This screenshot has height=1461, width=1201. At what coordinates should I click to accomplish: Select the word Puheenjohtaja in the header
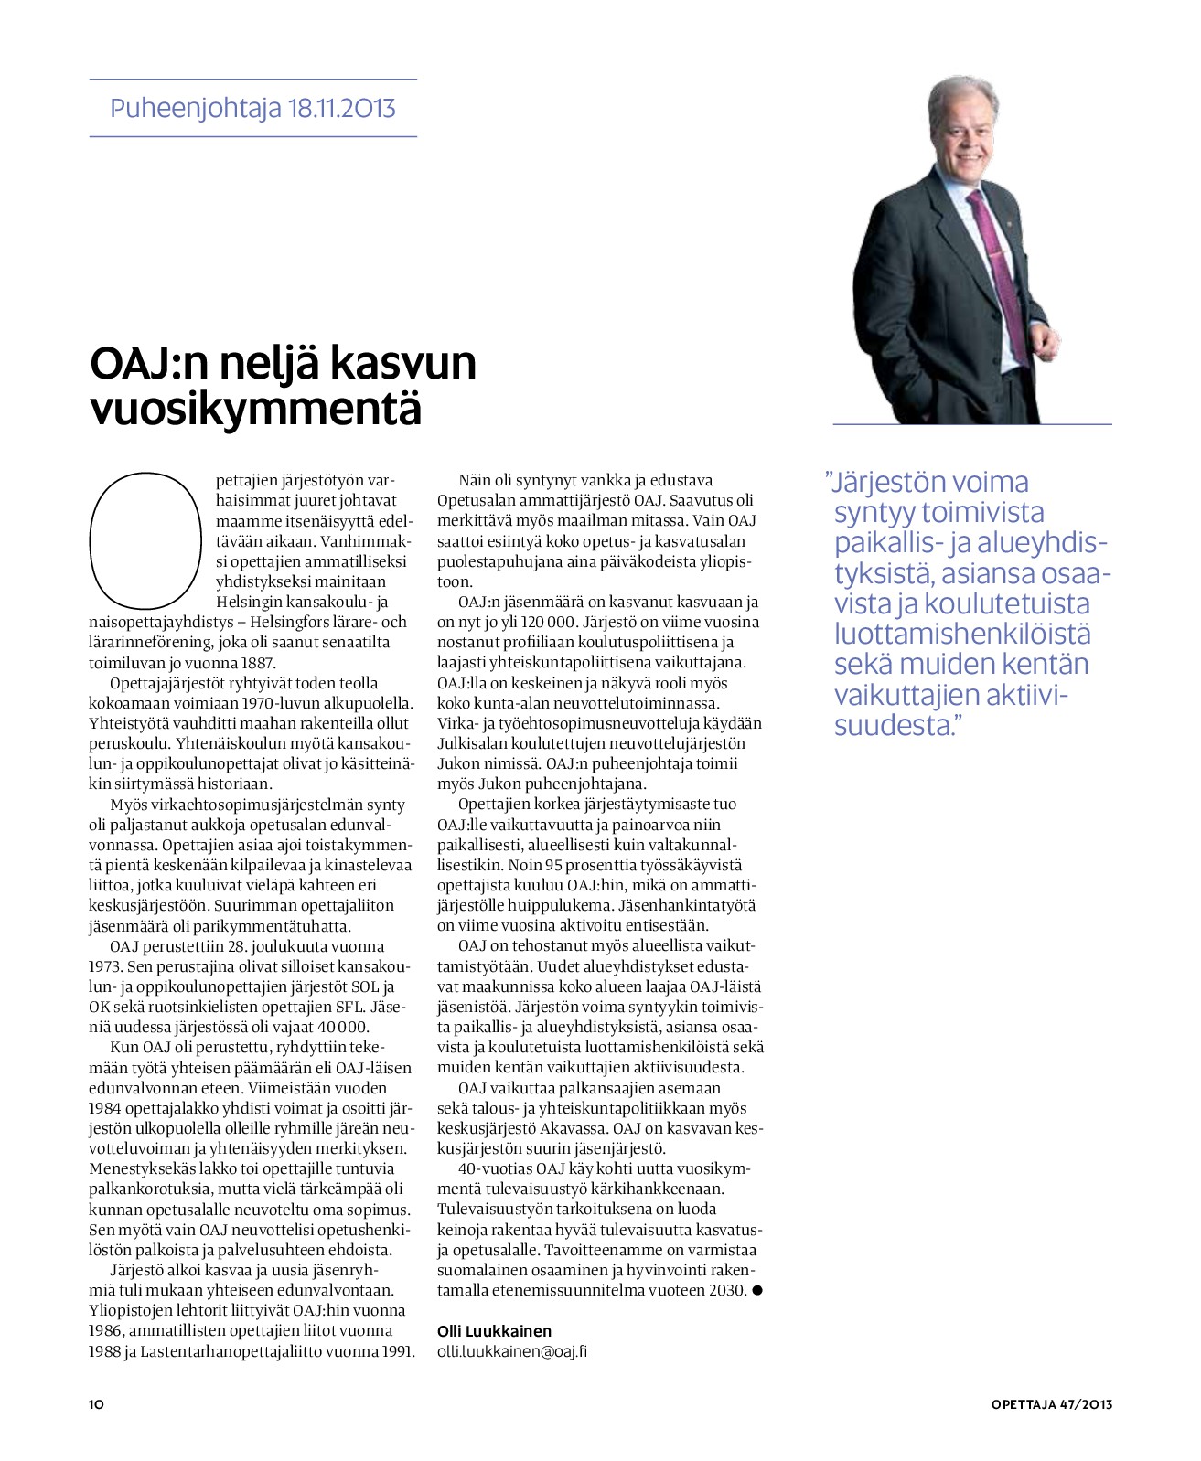[195, 109]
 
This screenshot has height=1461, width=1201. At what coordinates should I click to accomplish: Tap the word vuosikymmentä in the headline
[256, 409]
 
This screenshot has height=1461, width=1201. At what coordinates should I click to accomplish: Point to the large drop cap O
[145, 540]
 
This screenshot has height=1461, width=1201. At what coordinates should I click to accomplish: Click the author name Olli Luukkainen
[494, 1331]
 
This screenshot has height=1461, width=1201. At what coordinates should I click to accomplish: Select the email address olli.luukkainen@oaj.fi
[511, 1351]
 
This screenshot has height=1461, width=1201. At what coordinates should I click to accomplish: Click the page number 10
[97, 1403]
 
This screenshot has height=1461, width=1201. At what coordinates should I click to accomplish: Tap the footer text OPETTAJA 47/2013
[1051, 1404]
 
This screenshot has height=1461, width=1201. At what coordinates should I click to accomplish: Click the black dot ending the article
[756, 1290]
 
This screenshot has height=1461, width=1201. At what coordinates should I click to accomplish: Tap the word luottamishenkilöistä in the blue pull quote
[961, 634]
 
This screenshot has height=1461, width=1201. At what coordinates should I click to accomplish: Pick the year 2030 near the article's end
[726, 1291]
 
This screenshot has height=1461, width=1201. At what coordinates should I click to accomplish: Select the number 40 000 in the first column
[339, 1027]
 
